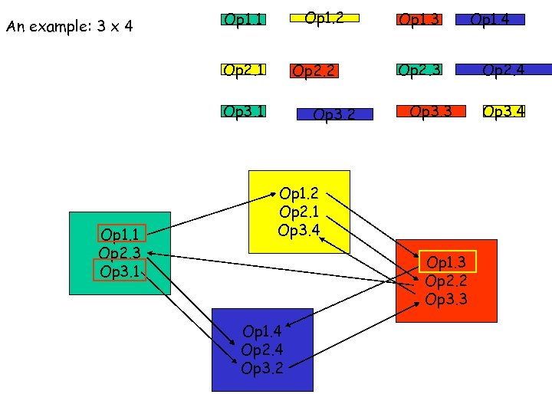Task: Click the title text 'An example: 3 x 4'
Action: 70,27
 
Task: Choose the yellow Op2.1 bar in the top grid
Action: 242,70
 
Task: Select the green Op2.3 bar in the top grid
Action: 419,70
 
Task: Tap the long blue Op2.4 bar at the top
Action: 503,70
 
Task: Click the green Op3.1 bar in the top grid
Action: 242,112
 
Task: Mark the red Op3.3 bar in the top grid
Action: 431,112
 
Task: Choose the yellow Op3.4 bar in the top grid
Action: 504,112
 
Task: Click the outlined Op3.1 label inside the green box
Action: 119,271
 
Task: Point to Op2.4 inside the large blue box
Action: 262,349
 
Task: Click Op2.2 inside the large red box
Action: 446,281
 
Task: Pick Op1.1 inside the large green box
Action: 120,235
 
